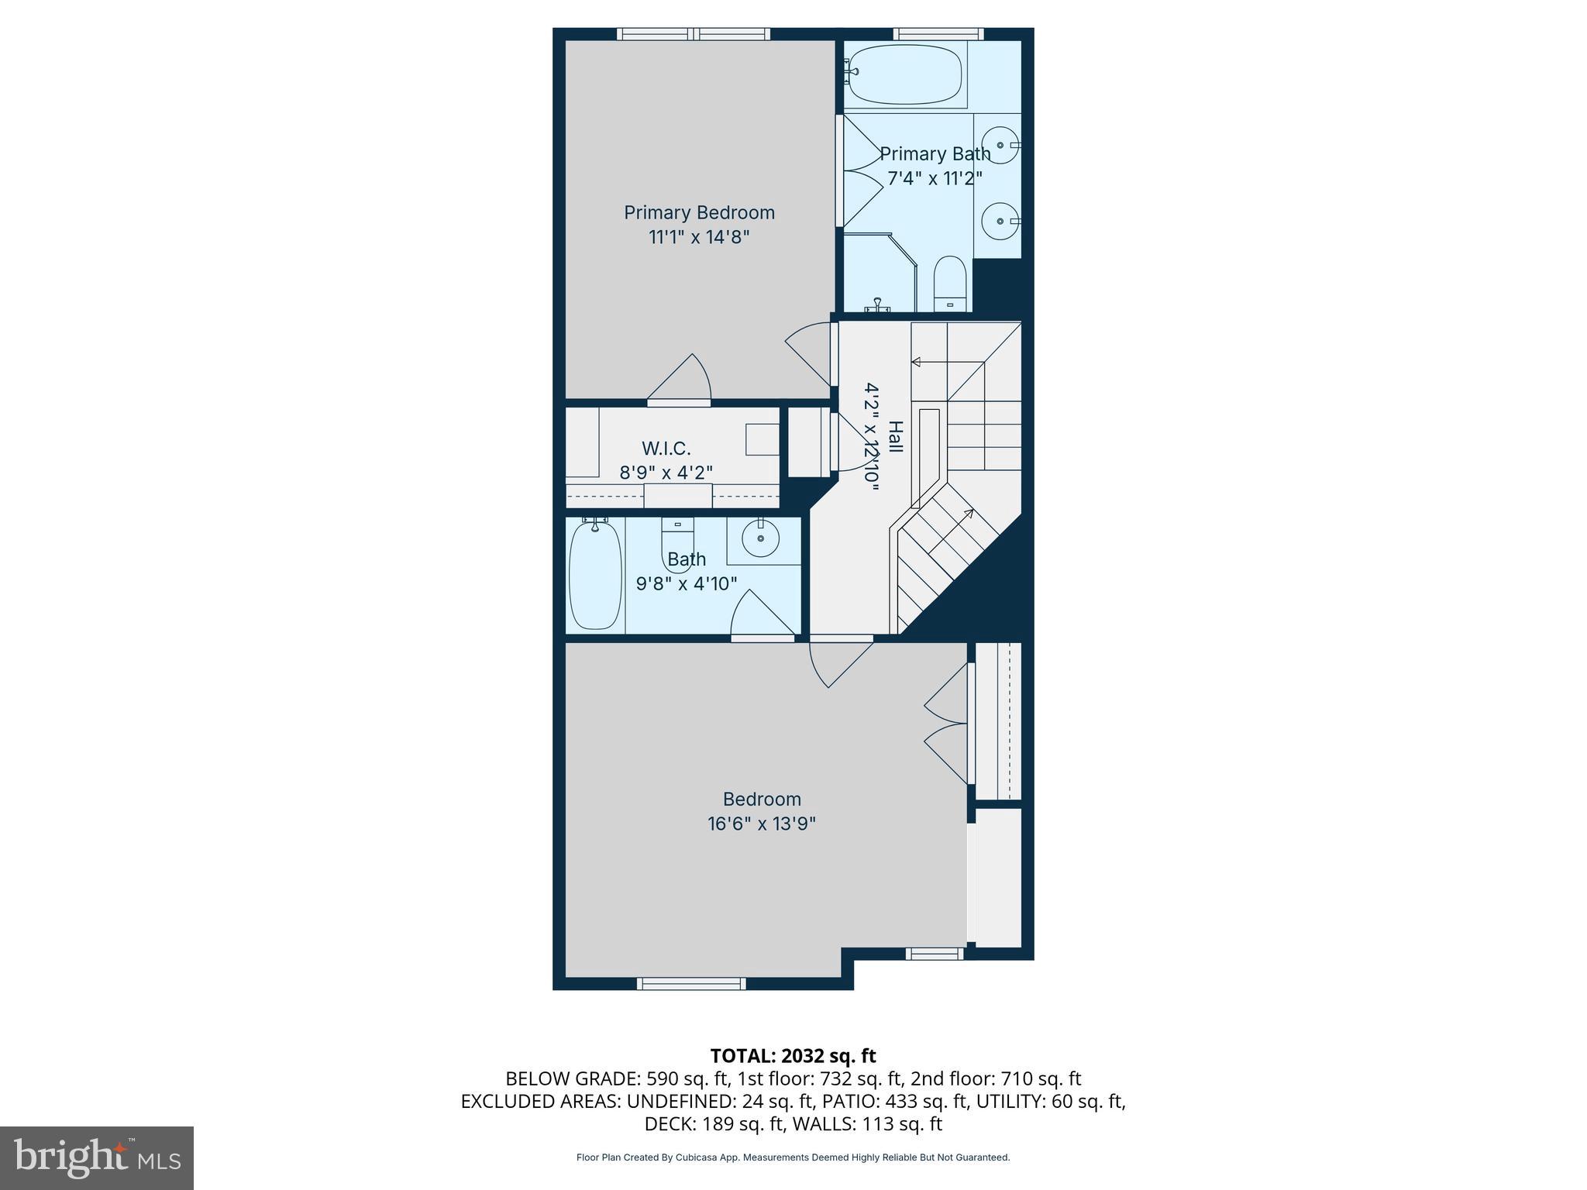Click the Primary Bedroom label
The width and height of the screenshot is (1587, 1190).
(x=699, y=212)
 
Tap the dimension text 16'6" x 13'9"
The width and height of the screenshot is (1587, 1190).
(x=761, y=824)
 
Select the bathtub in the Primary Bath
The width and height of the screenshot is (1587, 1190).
(x=903, y=74)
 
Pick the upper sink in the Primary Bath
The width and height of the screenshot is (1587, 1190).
(x=1000, y=145)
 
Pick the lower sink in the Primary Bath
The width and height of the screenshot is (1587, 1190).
(x=1000, y=221)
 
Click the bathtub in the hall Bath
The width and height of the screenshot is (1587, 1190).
(x=595, y=575)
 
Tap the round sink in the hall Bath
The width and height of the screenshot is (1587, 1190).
(x=760, y=538)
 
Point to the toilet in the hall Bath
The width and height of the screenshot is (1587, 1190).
(x=677, y=542)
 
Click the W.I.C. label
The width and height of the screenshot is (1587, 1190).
(x=666, y=449)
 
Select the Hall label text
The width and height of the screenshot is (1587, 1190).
(x=895, y=437)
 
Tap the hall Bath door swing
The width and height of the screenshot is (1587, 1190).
(x=763, y=616)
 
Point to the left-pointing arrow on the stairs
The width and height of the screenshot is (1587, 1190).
(x=917, y=362)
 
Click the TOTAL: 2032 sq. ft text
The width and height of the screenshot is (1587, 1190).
(x=793, y=1055)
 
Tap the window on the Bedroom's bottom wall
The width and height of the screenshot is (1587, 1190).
(x=691, y=983)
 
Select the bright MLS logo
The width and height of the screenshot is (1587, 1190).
(x=96, y=1157)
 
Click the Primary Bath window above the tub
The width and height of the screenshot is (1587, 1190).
(x=938, y=33)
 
